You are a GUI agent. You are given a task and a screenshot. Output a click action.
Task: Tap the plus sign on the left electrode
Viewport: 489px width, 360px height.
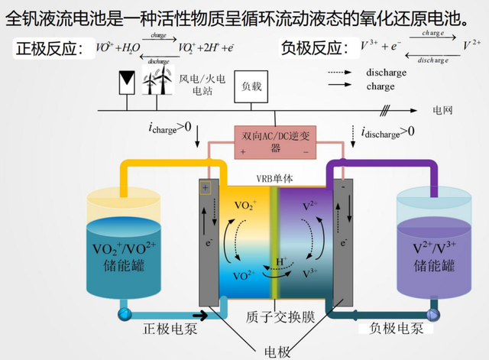206,187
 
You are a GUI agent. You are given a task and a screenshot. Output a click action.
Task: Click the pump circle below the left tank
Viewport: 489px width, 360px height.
122,314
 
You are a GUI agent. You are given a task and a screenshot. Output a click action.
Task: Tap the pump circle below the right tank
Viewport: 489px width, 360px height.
432,314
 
